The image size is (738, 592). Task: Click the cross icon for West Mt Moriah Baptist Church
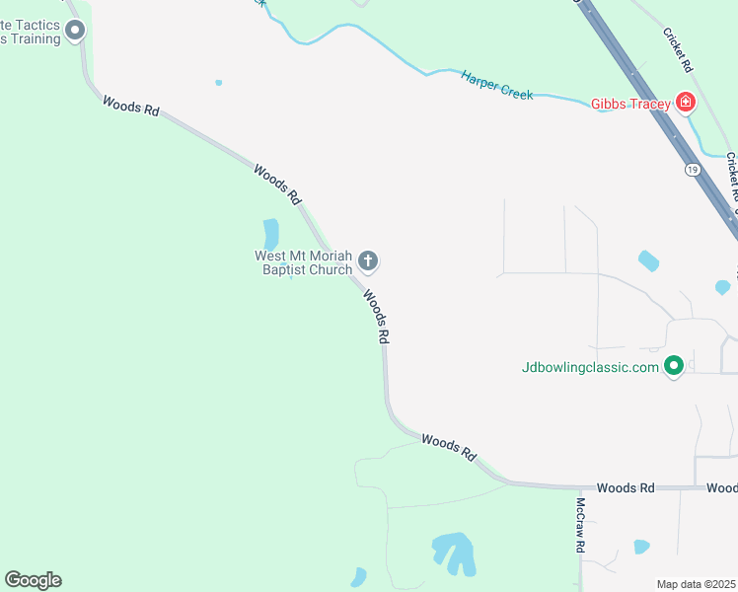[x=368, y=261]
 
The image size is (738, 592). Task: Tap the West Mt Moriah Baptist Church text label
[x=303, y=262]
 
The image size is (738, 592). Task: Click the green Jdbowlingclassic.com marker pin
[x=674, y=366]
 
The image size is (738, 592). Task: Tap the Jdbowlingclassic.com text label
[x=590, y=367]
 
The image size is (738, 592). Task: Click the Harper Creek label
[x=496, y=85]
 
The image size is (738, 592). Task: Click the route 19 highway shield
[x=693, y=170]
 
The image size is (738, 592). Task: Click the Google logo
[x=33, y=580]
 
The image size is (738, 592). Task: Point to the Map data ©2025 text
[x=697, y=584]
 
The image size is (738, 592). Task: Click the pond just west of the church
[x=271, y=234]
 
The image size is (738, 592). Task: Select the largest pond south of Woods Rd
[x=453, y=551]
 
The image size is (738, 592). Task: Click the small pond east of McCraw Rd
[x=641, y=546]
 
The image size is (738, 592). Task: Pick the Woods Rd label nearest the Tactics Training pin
[x=130, y=106]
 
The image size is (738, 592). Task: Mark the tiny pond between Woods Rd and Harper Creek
[x=218, y=83]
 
